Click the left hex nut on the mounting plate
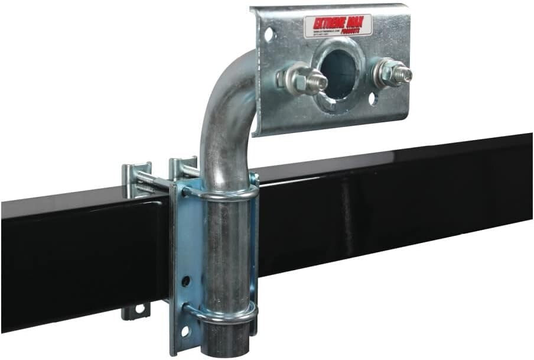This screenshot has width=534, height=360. point(297,77)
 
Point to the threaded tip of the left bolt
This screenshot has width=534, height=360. point(318,80)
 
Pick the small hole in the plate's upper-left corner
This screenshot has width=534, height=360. point(269,35)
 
